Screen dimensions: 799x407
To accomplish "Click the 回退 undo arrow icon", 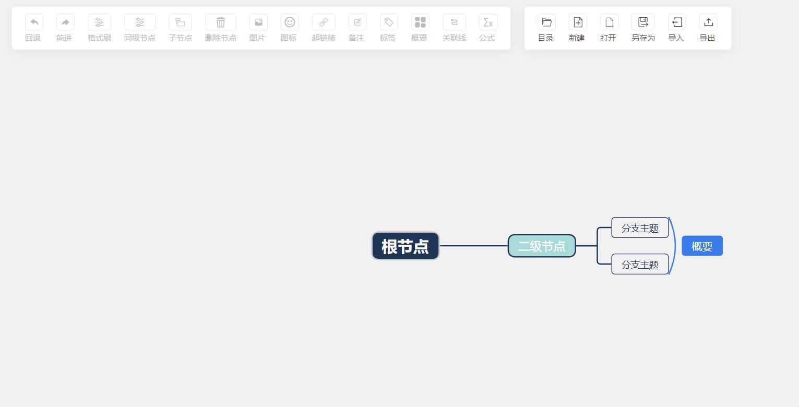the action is point(34,22).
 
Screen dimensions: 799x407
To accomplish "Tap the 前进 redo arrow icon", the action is point(65,22).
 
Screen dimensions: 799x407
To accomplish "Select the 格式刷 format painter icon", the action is point(99,22).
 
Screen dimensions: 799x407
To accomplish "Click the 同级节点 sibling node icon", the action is point(140,22).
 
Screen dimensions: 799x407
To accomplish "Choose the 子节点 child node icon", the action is point(180,22).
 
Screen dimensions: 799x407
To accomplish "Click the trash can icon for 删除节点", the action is point(220,22).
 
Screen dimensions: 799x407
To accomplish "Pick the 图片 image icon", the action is point(258,22).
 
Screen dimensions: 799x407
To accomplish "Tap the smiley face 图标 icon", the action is point(290,22).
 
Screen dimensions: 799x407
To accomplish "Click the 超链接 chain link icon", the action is point(324,22).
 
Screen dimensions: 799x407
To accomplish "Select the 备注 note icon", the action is point(357,22).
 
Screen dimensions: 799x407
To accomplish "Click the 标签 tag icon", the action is point(389,22).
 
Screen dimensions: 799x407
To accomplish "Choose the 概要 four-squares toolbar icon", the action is point(420,22).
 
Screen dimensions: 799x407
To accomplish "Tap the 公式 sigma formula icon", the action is point(488,22).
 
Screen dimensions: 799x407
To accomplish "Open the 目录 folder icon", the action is point(546,22).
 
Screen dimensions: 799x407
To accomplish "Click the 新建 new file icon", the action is point(578,22).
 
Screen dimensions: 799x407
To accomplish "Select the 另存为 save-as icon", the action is point(643,22).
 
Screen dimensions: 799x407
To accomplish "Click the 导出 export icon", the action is point(708,22).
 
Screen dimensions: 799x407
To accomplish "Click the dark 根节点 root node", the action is point(406,246).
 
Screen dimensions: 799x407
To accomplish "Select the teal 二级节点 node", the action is point(542,246).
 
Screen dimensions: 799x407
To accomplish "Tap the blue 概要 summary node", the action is point(702,246).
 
